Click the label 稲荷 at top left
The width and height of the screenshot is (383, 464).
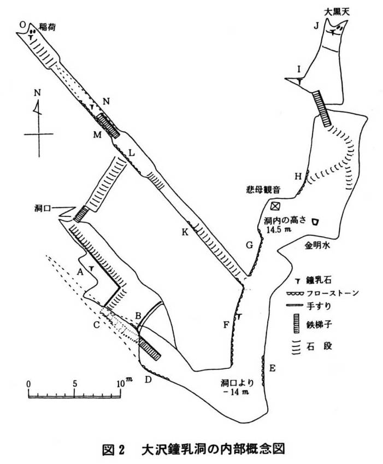48,26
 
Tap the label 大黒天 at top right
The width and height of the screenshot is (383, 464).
336,10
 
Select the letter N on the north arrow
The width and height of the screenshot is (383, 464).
37,92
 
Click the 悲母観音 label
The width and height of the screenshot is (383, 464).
263,190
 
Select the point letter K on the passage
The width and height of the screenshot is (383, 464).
185,232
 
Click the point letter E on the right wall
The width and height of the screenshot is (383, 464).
272,368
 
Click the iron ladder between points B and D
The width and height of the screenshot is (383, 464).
149,348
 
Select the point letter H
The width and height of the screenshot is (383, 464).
298,175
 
